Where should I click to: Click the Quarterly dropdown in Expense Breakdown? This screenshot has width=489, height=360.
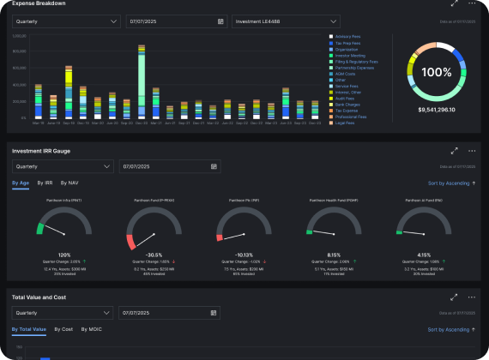65,21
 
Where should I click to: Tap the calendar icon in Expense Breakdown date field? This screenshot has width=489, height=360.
221,21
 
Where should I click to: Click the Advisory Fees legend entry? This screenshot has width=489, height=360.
347,37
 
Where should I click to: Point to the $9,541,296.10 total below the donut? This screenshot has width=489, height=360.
436,110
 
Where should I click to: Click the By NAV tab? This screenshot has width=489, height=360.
69,183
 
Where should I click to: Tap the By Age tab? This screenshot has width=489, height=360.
20,183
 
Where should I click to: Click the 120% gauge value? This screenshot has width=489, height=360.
63,255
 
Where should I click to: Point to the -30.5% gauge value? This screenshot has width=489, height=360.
154,255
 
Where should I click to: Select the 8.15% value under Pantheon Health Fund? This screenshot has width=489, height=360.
334,255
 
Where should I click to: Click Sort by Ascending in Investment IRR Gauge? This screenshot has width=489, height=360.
452,183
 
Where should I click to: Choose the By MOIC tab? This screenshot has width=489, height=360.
91,329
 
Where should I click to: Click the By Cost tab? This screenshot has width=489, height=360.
63,329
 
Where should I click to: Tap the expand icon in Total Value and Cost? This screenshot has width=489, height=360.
455,297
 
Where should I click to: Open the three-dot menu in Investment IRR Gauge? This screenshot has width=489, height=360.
472,151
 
